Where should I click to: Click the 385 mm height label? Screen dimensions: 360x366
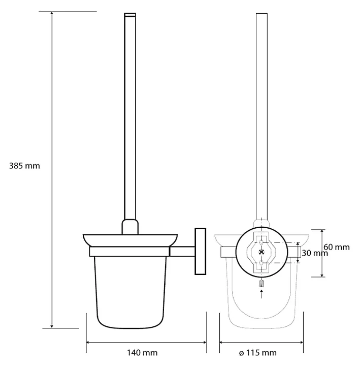(x=24, y=166)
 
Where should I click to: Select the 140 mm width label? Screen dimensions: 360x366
(x=142, y=352)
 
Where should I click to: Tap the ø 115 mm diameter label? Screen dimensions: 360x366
(x=258, y=352)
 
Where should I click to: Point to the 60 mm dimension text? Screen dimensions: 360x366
(x=337, y=247)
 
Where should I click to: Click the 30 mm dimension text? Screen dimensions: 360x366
(x=315, y=253)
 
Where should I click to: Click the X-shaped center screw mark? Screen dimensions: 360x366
(x=261, y=252)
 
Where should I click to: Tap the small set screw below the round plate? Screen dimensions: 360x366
(x=261, y=284)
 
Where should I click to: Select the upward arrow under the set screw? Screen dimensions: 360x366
(x=261, y=294)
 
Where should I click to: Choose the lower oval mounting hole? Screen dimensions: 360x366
(x=261, y=263)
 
